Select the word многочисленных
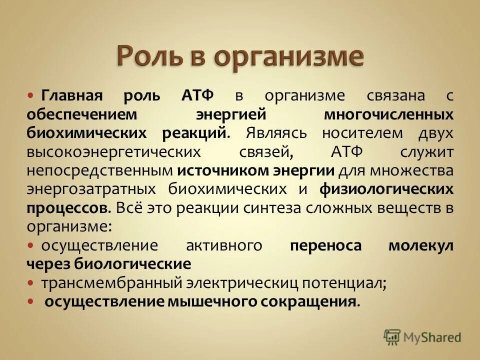pos(388,114)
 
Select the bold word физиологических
pos(386,189)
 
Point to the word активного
pos(224,245)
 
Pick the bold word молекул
pos(421,245)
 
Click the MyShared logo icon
pos(392,337)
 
